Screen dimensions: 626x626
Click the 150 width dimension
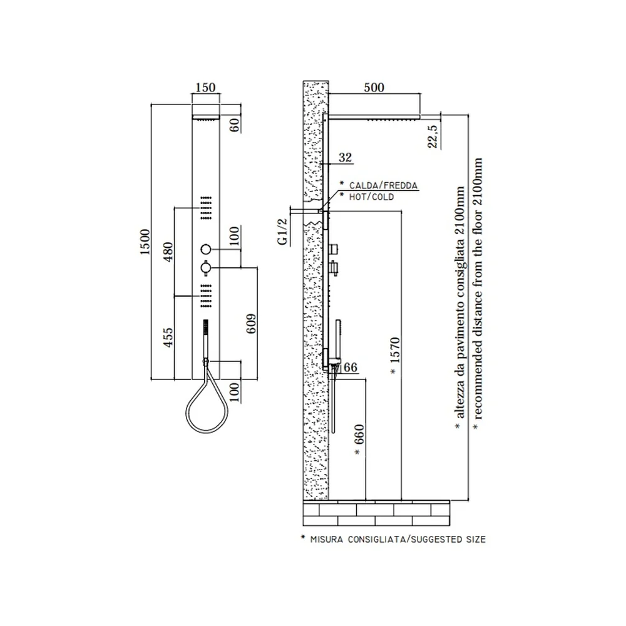pyautogui.click(x=205, y=88)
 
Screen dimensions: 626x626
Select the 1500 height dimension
pyautogui.click(x=145, y=242)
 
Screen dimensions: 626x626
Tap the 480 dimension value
pyautogui.click(x=168, y=252)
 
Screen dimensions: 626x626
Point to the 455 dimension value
pyautogui.click(x=168, y=337)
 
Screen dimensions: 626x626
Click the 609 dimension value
pyautogui.click(x=251, y=324)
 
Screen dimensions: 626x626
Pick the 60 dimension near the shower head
pyautogui.click(x=235, y=125)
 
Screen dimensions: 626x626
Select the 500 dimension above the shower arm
pyautogui.click(x=374, y=88)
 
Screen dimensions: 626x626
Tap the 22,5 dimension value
pyautogui.click(x=433, y=136)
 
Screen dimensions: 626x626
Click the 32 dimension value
pyautogui.click(x=346, y=157)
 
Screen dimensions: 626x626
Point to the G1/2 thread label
pyautogui.click(x=283, y=232)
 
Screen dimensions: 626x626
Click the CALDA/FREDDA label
pyautogui.click(x=383, y=185)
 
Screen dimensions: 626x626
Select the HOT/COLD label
pyautogui.click(x=371, y=197)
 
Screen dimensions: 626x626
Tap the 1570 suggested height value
pyautogui.click(x=395, y=350)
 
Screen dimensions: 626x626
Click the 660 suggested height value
pyautogui.click(x=359, y=434)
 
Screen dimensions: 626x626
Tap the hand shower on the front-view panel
pyautogui.click(x=205, y=339)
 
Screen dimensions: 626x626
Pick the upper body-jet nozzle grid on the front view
pyautogui.click(x=206, y=208)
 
